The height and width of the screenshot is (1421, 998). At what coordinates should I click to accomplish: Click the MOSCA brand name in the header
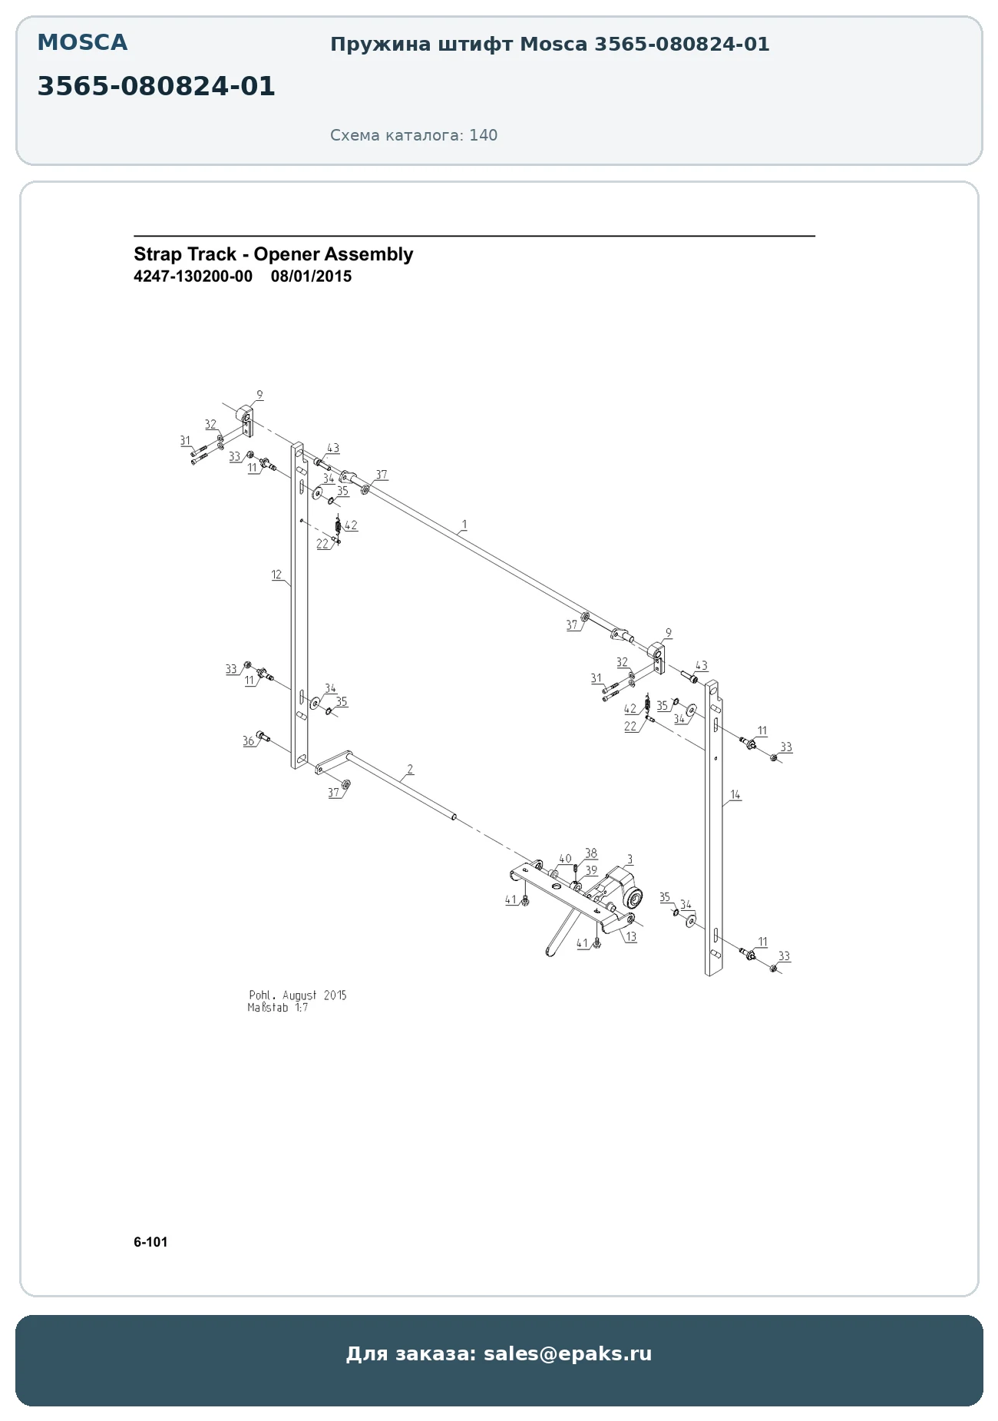point(82,43)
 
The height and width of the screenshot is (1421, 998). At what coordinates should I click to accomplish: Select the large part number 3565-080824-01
point(156,87)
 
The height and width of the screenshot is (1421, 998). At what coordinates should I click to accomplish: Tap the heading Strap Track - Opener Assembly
point(273,254)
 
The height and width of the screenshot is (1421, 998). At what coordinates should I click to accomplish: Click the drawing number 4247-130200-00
point(193,277)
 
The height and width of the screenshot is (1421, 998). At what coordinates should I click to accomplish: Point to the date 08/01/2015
point(311,277)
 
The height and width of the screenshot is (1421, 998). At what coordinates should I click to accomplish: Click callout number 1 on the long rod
point(464,525)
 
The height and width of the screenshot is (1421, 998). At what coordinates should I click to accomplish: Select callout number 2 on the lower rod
point(410,769)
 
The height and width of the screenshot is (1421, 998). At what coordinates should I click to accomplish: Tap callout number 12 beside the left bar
point(276,575)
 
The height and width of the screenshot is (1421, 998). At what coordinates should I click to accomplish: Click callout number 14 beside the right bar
point(735,795)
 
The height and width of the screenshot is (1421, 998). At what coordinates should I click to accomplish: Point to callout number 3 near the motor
point(630,860)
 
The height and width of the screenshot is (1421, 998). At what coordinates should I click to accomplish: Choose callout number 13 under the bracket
point(631,937)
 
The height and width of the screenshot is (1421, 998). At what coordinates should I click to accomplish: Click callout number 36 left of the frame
point(248,741)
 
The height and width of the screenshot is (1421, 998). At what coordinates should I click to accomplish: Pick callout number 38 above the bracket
point(591,853)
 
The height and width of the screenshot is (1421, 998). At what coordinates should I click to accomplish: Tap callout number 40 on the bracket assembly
point(565,859)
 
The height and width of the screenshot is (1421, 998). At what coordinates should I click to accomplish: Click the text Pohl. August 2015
point(298,995)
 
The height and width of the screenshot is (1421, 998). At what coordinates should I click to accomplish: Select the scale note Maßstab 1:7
point(278,1008)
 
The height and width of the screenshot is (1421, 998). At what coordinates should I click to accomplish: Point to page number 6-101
point(150,1242)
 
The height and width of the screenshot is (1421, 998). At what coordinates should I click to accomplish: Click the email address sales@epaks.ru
point(567,1353)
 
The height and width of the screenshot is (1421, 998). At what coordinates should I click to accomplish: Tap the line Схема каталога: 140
point(414,135)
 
